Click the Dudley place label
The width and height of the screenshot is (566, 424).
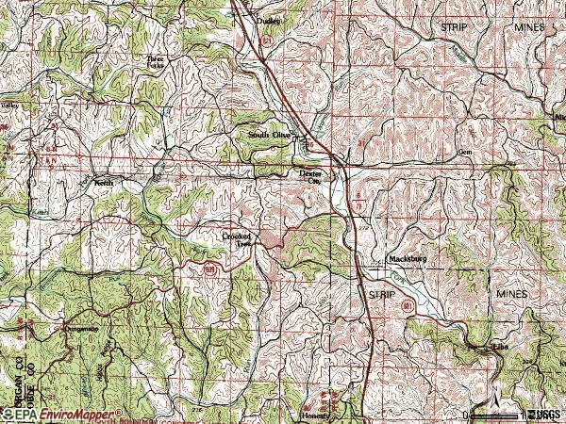pos(269,21)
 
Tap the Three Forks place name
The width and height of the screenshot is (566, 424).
pos(155,61)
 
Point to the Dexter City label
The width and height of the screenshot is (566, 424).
pos(310,177)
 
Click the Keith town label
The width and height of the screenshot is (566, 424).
pos(102,185)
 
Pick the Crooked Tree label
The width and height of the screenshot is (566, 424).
pos(238,239)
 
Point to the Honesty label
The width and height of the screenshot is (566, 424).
pos(316,414)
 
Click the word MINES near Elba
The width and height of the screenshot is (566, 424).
pos(517,295)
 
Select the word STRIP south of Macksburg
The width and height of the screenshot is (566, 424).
pos(379,295)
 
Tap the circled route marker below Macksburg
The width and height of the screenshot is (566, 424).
pos(408,307)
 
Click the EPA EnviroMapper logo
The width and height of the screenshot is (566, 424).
pos(62,414)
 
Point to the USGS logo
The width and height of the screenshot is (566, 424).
pos(544,414)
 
